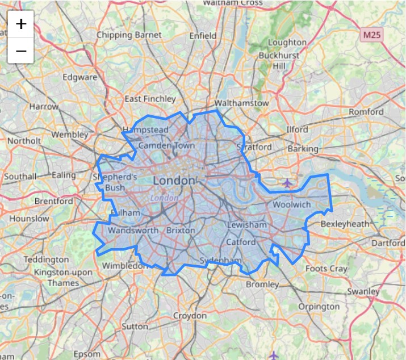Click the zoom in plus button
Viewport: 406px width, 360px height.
[21, 24]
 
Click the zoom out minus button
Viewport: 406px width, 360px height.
[21, 51]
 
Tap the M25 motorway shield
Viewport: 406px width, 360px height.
[372, 35]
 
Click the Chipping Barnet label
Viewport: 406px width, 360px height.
[129, 35]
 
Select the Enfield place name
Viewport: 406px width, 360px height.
[203, 35]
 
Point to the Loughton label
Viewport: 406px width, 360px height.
[287, 42]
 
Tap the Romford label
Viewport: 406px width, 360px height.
[366, 112]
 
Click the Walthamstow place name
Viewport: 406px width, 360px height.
[241, 103]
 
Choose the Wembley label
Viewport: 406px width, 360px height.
[70, 135]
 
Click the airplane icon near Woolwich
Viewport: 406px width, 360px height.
[287, 183]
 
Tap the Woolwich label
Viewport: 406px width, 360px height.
[292, 204]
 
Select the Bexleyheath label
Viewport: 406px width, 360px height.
[345, 224]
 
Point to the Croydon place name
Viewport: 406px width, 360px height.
[190, 315]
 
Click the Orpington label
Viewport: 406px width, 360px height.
[319, 307]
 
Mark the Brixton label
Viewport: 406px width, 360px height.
[181, 231]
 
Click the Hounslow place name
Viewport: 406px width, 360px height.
[29, 218]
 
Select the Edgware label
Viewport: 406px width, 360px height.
[80, 77]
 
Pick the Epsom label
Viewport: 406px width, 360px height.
[86, 354]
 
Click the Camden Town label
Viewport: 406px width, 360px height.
[166, 145]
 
